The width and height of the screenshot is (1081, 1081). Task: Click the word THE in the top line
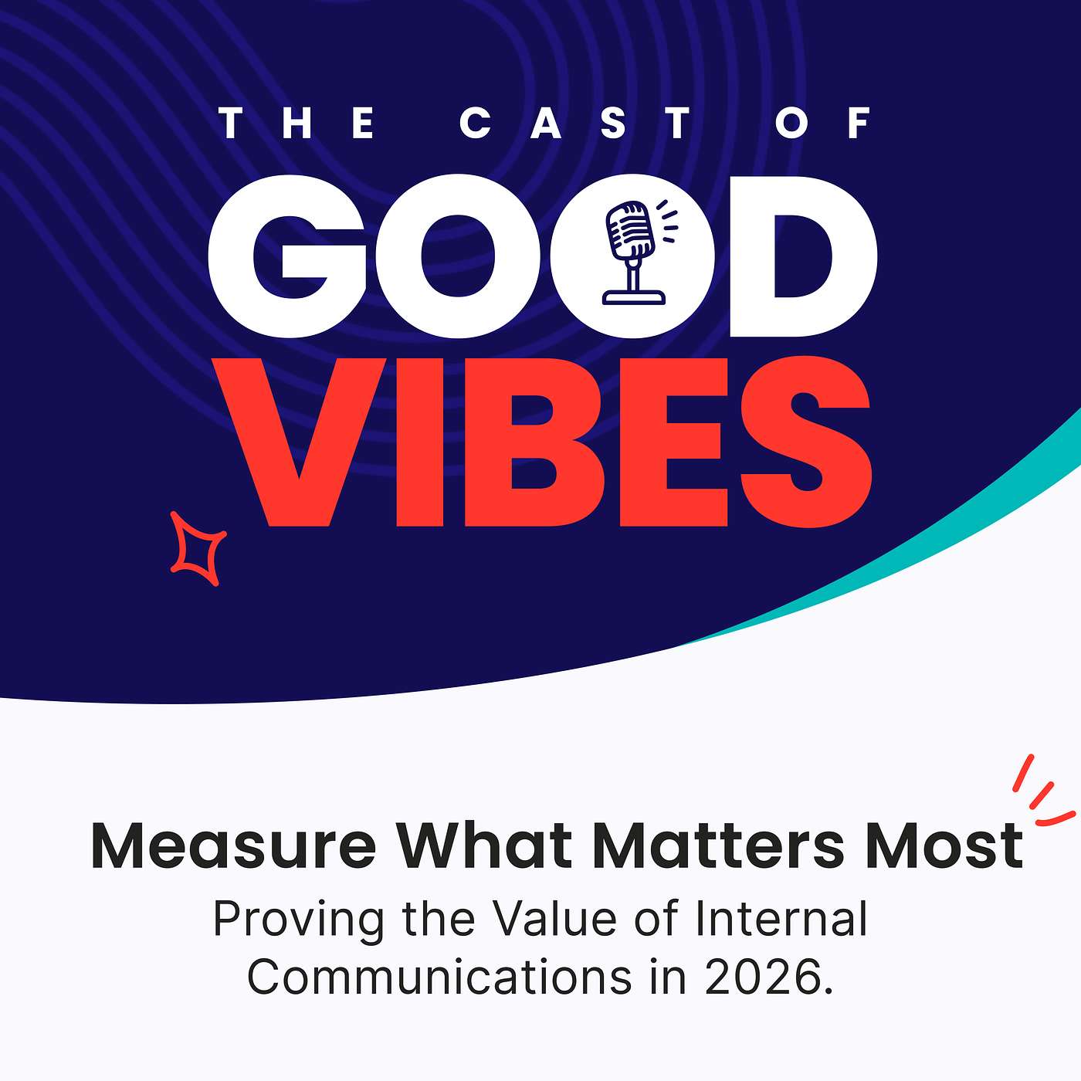point(297,124)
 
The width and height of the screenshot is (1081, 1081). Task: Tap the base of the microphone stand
point(633,297)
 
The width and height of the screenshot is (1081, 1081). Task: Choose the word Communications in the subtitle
point(439,978)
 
